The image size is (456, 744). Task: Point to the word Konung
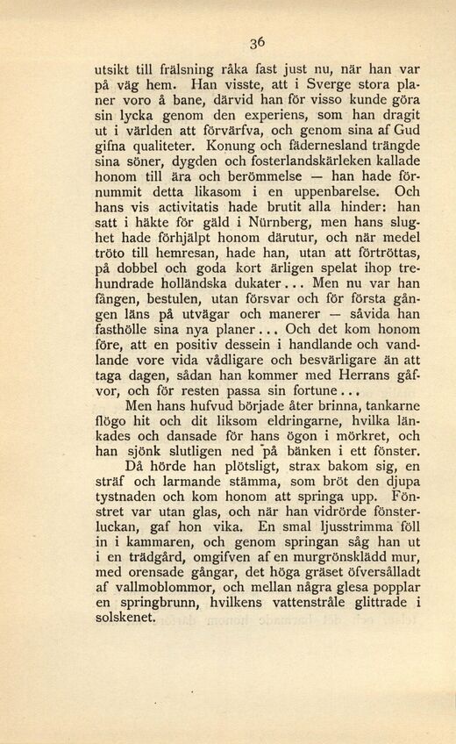[236, 144]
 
